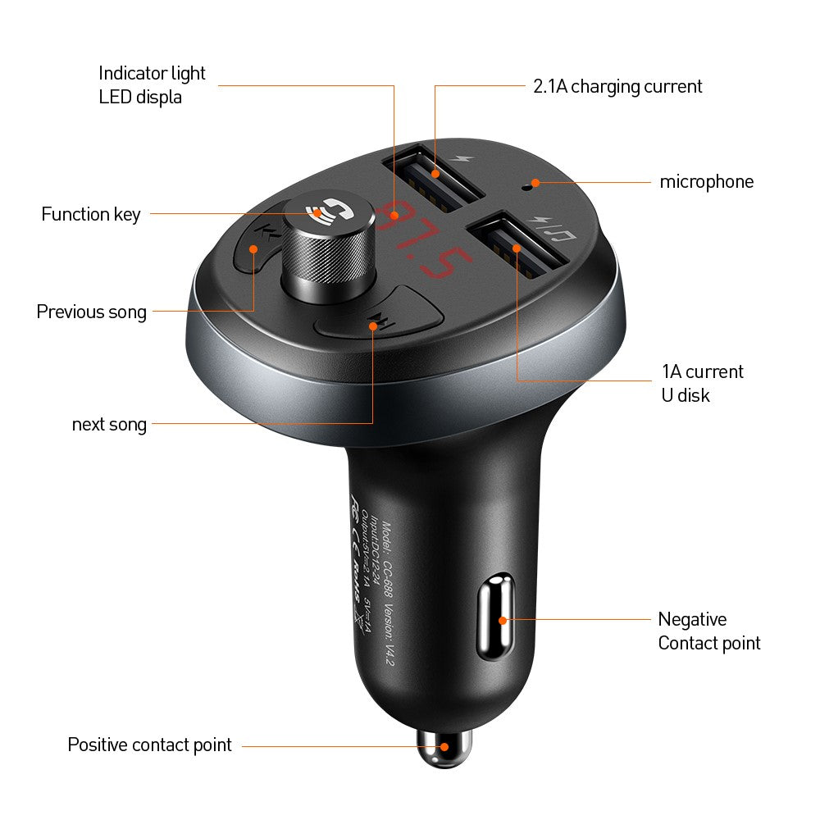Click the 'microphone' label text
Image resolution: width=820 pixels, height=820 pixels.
click(706, 182)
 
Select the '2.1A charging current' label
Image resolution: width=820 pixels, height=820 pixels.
click(617, 86)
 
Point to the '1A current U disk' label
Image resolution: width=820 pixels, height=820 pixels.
click(702, 383)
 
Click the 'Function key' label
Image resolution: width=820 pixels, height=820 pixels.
click(91, 215)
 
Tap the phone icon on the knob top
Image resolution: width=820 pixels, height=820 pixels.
click(317, 212)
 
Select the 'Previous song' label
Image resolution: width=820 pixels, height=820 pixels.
click(92, 312)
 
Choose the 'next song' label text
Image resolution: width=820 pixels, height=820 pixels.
click(109, 425)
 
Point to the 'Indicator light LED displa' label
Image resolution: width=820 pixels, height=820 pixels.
click(152, 84)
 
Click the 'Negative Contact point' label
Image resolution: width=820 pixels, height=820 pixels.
click(708, 631)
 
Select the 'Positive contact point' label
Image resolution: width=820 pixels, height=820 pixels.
click(149, 745)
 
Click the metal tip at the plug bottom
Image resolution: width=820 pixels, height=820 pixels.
click(444, 747)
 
